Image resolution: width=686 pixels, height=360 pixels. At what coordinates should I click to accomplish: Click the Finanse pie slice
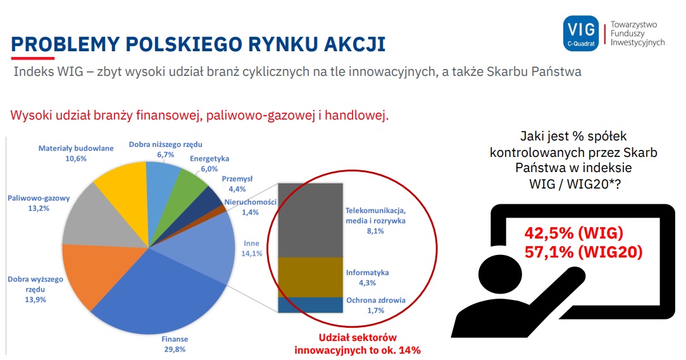pyautogui.click(x=162, y=297)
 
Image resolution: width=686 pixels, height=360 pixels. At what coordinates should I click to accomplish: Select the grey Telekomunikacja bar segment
pyautogui.click(x=310, y=220)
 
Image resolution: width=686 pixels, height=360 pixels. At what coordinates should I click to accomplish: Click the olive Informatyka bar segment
pyautogui.click(x=310, y=277)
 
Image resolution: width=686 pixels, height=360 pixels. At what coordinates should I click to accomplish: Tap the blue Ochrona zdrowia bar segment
pyautogui.click(x=310, y=305)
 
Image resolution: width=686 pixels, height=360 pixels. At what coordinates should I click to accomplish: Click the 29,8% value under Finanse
pyautogui.click(x=175, y=349)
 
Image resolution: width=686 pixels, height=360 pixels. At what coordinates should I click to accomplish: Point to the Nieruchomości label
pyautogui.click(x=250, y=202)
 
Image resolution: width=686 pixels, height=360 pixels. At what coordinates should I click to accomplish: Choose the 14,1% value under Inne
pyautogui.click(x=252, y=253)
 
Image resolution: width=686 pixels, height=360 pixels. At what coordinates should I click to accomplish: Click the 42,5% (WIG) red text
pyautogui.click(x=573, y=233)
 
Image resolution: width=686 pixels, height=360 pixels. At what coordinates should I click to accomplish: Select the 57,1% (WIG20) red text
pyautogui.click(x=583, y=252)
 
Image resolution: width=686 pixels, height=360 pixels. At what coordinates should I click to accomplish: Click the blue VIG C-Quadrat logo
pyautogui.click(x=581, y=34)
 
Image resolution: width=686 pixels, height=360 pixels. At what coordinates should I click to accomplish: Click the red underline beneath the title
pyautogui.click(x=33, y=58)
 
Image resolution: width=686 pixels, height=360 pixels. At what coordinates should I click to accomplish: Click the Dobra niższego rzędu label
pyautogui.click(x=165, y=144)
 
